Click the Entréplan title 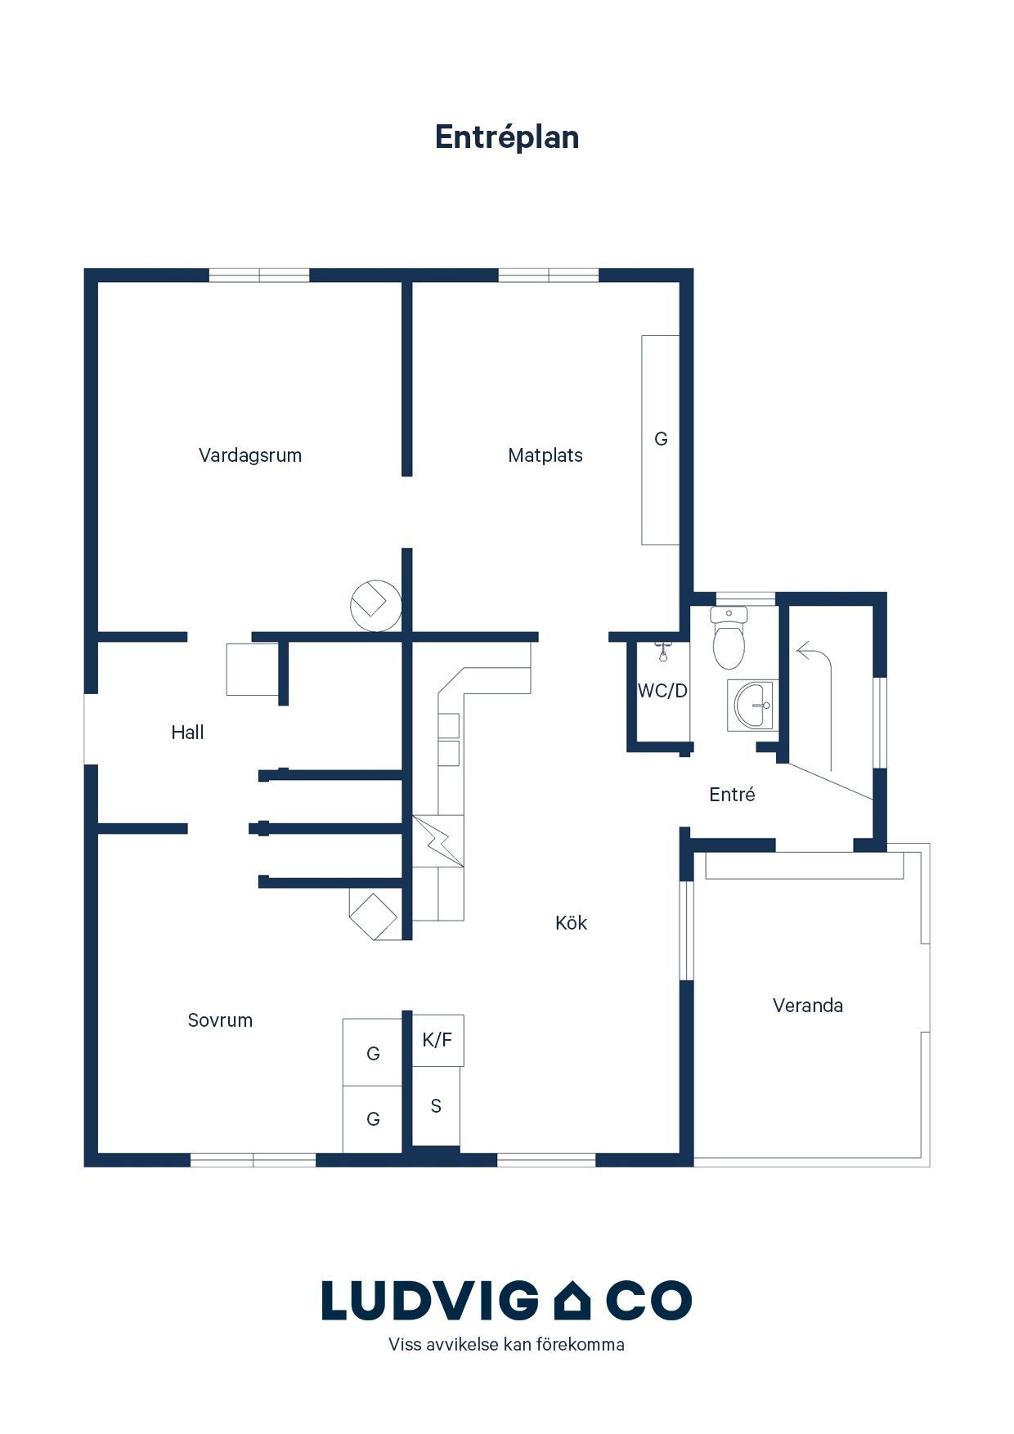[507, 137]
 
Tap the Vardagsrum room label [250, 455]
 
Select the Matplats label [545, 455]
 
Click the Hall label [187, 733]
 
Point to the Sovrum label [220, 1020]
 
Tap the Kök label [571, 923]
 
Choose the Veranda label [808, 1006]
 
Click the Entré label [732, 795]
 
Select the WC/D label [662, 691]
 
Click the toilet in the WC [729, 638]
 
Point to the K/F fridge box [437, 1040]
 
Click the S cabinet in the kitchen [436, 1106]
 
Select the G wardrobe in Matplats [661, 440]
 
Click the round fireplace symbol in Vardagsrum [375, 606]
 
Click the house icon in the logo [572, 1300]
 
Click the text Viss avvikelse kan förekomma [506, 1344]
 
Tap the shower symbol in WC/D [663, 652]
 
